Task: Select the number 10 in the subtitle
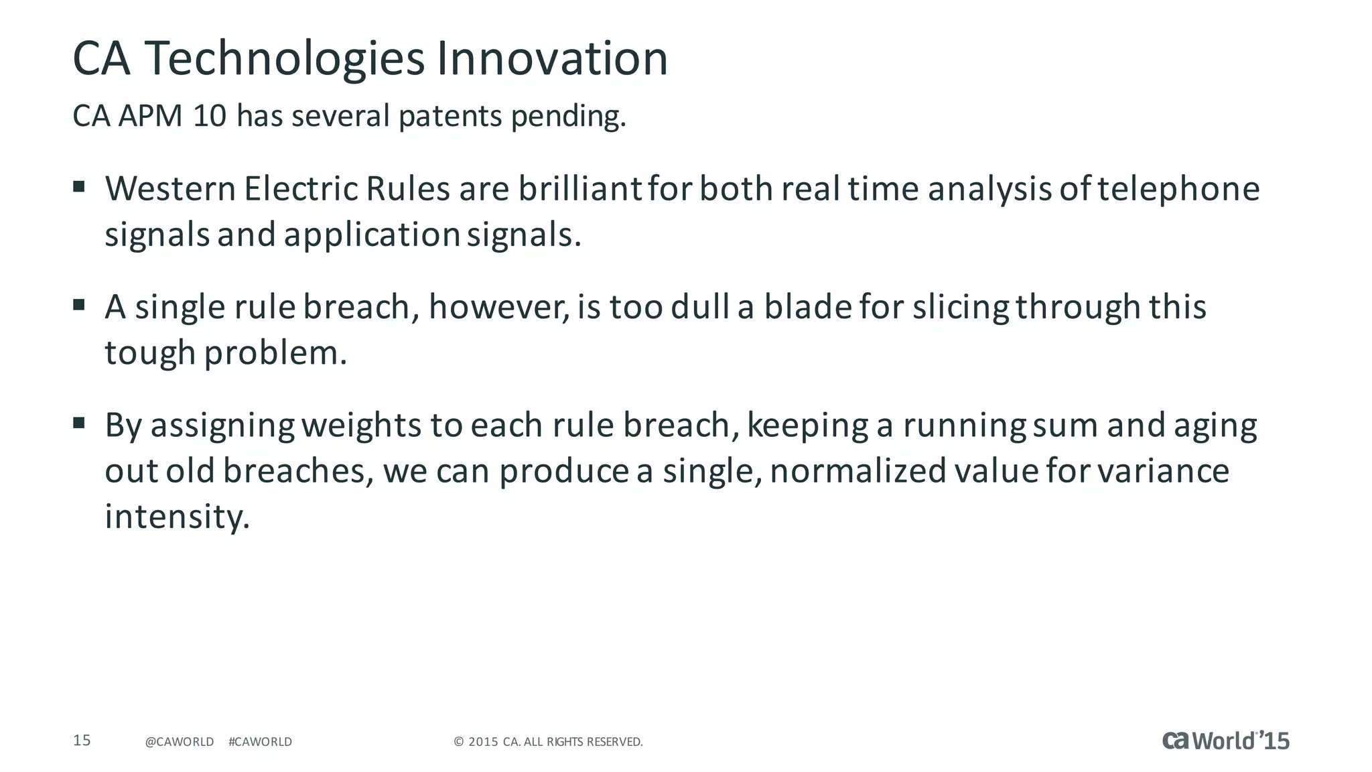click(x=210, y=116)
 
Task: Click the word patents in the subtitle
click(x=450, y=117)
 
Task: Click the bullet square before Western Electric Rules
click(x=79, y=186)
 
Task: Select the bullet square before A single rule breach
click(x=79, y=305)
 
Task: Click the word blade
click(x=807, y=307)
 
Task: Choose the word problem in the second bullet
click(x=275, y=354)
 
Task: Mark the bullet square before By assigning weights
click(x=79, y=423)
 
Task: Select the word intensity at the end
click(x=177, y=517)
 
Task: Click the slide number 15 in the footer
click(x=82, y=741)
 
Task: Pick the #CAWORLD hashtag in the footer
click(x=260, y=742)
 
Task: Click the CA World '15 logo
click(x=1225, y=741)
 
